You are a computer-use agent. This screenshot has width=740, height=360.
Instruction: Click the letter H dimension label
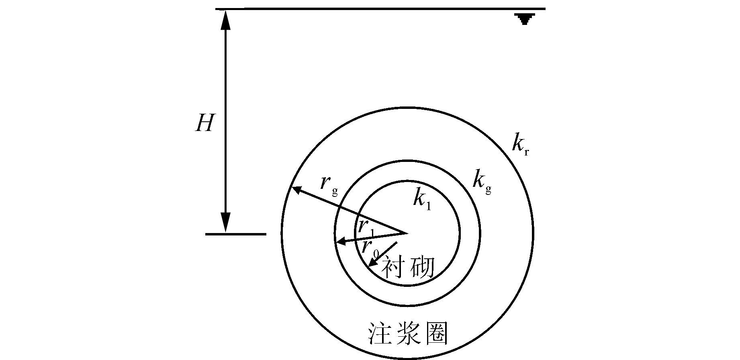coord(204,123)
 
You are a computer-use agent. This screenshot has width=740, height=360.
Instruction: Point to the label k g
coord(481,182)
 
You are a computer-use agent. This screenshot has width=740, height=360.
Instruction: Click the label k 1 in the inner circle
coord(422,199)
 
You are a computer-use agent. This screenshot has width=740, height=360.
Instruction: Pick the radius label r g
coord(328,184)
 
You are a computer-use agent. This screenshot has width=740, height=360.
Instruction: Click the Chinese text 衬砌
coord(407,268)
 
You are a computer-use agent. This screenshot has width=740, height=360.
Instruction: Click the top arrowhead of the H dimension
coord(226,18)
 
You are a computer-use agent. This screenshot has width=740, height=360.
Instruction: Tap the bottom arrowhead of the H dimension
coord(226,223)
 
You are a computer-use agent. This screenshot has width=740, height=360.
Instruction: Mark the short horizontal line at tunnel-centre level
coord(235,234)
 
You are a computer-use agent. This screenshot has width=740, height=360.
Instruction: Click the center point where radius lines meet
coord(404,233)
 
